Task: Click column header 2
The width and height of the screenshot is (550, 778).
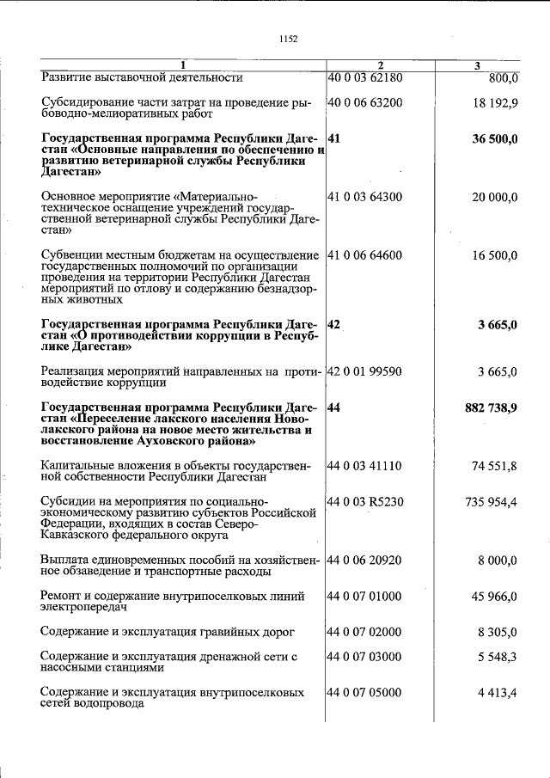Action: (380, 65)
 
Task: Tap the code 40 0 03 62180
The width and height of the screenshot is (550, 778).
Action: (365, 77)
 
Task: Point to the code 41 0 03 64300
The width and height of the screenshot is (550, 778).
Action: (365, 197)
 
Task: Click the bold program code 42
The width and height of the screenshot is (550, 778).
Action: (334, 324)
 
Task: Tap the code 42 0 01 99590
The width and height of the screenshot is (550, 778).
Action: (365, 371)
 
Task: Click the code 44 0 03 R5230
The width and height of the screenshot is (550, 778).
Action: (366, 500)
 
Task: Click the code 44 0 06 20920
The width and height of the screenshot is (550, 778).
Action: (365, 560)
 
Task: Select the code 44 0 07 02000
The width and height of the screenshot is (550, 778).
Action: (365, 632)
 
